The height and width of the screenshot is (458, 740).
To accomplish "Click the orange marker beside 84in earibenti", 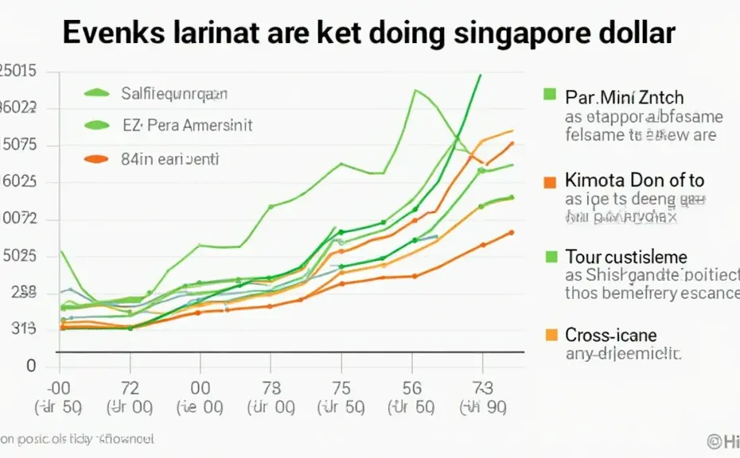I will click(x=95, y=159).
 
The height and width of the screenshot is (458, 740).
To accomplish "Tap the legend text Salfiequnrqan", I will click(x=174, y=94).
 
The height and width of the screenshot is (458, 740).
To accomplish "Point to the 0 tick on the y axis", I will click(x=31, y=367).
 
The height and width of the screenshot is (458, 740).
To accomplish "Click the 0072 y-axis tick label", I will click(x=20, y=219).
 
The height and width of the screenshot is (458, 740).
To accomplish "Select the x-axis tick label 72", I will click(x=129, y=388).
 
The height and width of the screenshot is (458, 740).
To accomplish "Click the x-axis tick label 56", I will click(x=412, y=388).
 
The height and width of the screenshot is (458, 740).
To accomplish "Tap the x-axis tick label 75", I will click(x=341, y=388).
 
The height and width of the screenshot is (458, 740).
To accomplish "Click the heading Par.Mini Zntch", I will click(x=624, y=98).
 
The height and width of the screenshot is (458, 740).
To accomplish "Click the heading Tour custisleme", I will click(x=626, y=257).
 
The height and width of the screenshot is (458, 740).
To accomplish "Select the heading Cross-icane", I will click(x=610, y=335).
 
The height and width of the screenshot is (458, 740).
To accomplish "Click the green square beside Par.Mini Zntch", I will click(x=548, y=95).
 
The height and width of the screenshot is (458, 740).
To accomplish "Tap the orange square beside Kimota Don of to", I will click(x=548, y=181).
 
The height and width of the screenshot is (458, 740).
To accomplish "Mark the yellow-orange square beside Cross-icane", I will click(x=548, y=335).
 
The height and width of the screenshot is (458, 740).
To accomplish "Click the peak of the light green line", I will click(x=415, y=90).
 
